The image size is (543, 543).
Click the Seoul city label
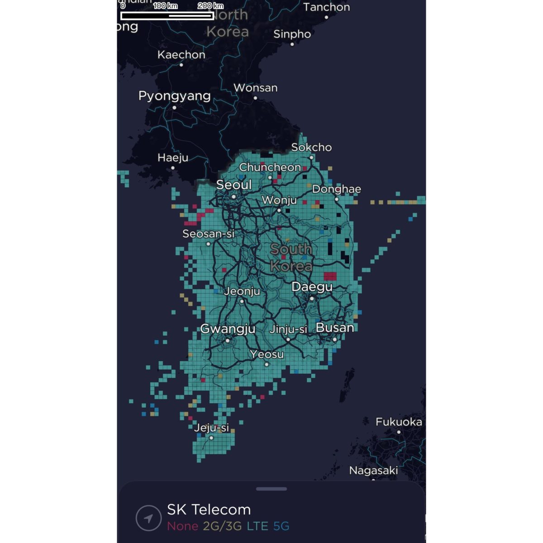tap(233, 185)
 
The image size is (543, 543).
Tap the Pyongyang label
tap(174, 96)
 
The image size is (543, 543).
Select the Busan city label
tap(335, 328)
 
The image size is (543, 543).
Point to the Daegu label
tap(312, 287)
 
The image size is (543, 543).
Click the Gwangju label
tap(228, 329)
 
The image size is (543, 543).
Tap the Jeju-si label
tap(211, 428)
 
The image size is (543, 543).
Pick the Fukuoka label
tap(399, 422)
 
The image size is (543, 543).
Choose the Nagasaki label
tap(373, 471)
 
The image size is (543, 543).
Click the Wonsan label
tap(255, 88)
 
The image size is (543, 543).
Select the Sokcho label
tap(311, 148)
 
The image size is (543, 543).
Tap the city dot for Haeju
tap(172, 168)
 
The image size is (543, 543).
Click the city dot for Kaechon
tap(181, 65)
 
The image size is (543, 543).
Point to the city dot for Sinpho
tap(292, 44)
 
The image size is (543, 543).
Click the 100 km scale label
tap(165, 6)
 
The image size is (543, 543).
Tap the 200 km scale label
tap(210, 6)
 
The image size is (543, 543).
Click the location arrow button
tap(148, 517)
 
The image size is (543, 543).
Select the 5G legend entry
tap(281, 526)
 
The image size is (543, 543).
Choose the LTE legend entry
tap(257, 526)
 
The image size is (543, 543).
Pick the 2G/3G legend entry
tap(222, 526)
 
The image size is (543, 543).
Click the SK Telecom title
tap(209, 510)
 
